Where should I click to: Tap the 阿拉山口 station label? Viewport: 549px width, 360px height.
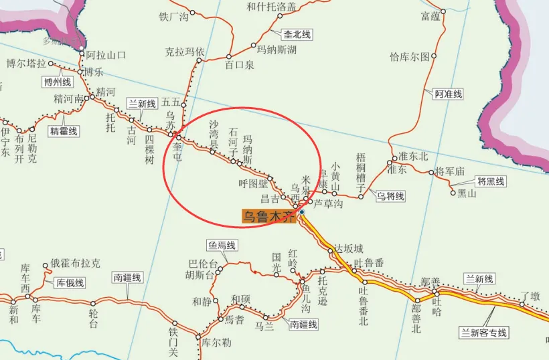pyautogui.click(x=106, y=55)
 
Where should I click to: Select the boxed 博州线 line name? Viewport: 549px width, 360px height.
pyautogui.click(x=57, y=82)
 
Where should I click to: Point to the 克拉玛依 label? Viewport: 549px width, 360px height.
pyautogui.click(x=185, y=51)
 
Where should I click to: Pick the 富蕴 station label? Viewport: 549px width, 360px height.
pyautogui.click(x=430, y=15)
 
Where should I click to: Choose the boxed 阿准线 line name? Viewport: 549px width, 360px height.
pyautogui.click(x=448, y=94)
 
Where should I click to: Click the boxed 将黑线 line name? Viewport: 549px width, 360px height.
pyautogui.click(x=491, y=181)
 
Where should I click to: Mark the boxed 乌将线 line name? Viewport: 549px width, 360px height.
pyautogui.click(x=390, y=197)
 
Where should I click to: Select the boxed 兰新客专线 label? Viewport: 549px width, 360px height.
pyautogui.click(x=483, y=333)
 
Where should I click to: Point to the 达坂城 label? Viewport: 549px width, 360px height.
pyautogui.click(x=348, y=248)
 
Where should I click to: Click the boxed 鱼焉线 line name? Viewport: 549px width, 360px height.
pyautogui.click(x=222, y=246)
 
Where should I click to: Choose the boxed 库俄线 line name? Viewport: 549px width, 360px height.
pyautogui.click(x=70, y=283)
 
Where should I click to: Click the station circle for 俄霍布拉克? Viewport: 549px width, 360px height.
pyautogui.click(x=46, y=266)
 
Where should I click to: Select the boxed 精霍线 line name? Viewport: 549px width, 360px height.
pyautogui.click(x=64, y=131)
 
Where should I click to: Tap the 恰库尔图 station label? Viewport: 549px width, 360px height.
pyautogui.click(x=410, y=57)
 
